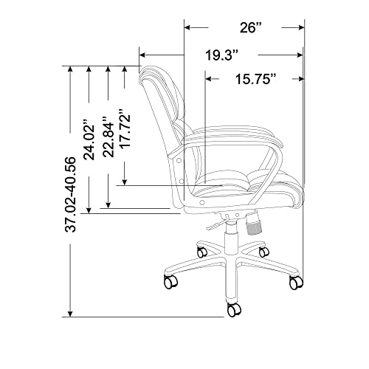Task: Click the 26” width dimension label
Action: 250,27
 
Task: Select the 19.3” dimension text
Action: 222,55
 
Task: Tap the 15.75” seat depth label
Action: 256,79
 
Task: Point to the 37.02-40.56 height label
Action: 70,194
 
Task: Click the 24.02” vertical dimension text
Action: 89,139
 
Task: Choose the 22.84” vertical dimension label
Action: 108,137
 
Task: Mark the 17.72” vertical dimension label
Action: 125,128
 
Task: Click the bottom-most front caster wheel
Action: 234,309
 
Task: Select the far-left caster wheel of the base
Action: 170,282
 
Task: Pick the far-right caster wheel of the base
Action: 296,282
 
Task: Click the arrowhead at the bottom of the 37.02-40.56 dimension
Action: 70,314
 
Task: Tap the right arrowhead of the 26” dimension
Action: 301,27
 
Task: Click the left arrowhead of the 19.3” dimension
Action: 143,55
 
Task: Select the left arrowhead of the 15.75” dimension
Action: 209,79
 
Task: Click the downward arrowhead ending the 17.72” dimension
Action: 125,182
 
